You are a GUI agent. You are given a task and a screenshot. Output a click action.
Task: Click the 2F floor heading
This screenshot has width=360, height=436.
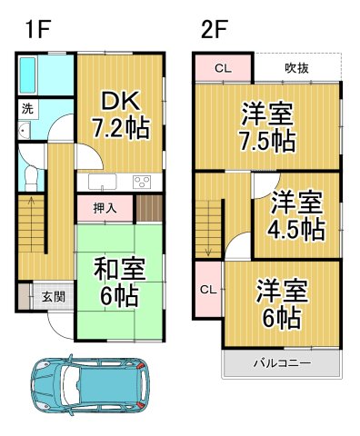pos(215,27)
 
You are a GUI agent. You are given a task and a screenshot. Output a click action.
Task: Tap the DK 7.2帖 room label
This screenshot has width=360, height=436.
pos(120,112)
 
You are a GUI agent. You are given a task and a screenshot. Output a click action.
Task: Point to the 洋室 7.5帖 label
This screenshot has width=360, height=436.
pos(266,127)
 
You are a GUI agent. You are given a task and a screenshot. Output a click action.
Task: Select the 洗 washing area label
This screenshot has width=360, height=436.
pos(27,108)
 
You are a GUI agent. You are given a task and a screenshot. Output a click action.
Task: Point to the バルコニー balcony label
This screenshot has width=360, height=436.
pos(283,363)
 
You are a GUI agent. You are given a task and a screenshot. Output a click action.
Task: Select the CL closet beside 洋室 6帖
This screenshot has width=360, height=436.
pos(206,289)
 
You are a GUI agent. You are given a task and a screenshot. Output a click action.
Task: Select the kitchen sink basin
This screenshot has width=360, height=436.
pos(96,182)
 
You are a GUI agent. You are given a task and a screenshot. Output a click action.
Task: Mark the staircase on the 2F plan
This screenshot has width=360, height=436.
pos(209,218)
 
